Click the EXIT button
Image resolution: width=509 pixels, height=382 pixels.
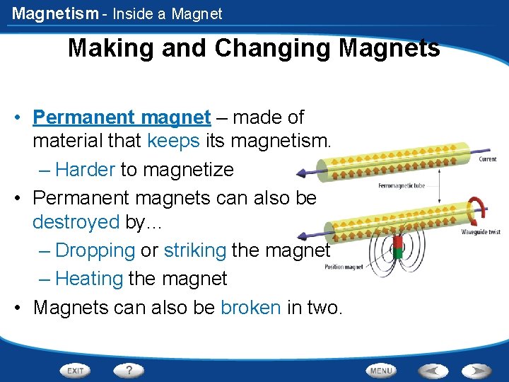click(x=76, y=370)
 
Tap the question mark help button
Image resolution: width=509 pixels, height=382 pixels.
click(x=129, y=370)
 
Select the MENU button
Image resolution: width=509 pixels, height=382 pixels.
click(x=381, y=370)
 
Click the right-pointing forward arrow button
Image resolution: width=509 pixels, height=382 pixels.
click(x=476, y=370)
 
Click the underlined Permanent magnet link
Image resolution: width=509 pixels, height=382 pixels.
click(x=122, y=117)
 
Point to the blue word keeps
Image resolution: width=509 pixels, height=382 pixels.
click(x=173, y=141)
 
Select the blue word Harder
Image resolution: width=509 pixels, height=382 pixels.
click(x=85, y=170)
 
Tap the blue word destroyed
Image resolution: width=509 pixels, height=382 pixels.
click(x=76, y=222)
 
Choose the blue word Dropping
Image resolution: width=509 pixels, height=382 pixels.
click(x=95, y=250)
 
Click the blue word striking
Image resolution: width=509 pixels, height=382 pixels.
click(x=194, y=250)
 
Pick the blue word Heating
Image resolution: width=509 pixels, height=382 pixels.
click(x=89, y=279)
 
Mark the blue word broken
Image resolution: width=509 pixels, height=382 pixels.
click(x=251, y=308)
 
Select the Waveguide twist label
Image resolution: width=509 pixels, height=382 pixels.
click(x=481, y=232)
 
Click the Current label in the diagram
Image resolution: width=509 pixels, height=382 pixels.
click(x=487, y=159)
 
